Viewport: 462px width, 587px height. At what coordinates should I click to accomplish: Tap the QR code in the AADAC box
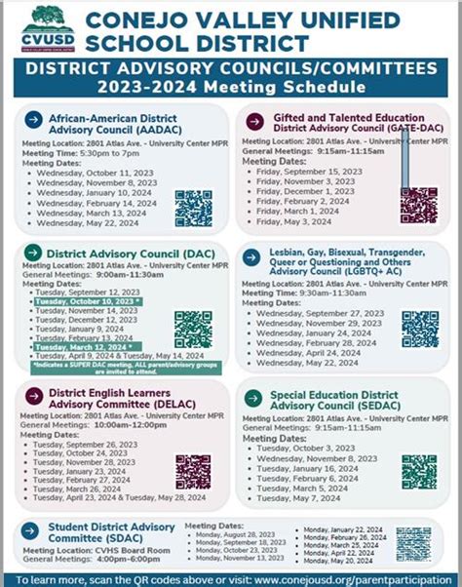pos(193,208)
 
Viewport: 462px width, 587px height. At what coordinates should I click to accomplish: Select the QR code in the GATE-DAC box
pos(419,205)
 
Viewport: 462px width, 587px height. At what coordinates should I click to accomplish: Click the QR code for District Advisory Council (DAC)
pos(193,330)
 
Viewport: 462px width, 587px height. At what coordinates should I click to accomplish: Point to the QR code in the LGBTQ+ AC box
pos(420,329)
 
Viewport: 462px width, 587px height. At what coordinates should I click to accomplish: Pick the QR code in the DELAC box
pos(193,472)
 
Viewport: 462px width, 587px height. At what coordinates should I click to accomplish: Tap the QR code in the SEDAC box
pos(419,472)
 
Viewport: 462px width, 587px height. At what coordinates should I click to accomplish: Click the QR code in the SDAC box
pos(413,544)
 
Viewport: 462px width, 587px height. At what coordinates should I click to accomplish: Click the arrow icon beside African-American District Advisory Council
pos(32,119)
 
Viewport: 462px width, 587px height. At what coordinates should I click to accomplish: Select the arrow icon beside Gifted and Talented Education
pos(254,120)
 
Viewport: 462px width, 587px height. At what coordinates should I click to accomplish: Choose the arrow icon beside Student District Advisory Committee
pos(31,529)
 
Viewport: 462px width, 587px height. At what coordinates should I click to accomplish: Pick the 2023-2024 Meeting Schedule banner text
pos(231,85)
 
